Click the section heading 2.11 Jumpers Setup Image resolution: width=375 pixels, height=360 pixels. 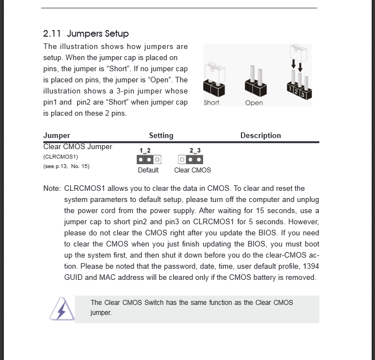coord(86,33)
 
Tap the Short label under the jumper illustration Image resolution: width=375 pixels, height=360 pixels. coord(211,103)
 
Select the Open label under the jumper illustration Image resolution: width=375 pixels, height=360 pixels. coord(254,103)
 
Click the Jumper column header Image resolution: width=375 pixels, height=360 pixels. coord(57,135)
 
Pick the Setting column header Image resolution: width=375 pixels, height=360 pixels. coord(161,135)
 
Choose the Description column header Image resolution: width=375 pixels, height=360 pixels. coord(260,135)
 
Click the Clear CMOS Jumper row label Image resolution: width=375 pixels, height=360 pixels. coord(77,147)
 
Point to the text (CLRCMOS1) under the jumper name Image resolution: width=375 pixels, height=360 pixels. coord(61,157)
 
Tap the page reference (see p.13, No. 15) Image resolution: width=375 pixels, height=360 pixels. coord(66,166)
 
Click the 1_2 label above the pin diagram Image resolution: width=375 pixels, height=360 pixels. coord(145,150)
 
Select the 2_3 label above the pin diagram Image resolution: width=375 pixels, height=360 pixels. coord(195,150)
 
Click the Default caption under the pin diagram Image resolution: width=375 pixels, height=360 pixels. coord(148,170)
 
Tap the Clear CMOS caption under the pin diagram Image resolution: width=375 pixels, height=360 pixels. coord(193,170)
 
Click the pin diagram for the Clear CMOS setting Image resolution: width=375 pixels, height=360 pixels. coord(190,160)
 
